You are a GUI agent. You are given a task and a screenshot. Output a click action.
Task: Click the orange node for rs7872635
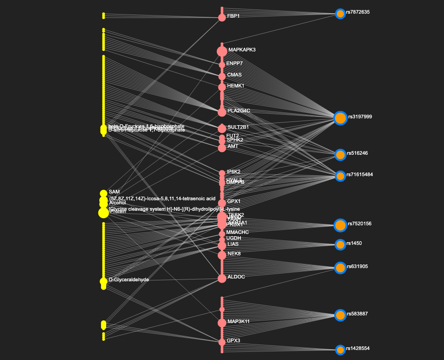[340, 14]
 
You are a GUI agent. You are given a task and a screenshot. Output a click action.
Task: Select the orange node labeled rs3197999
[341, 118]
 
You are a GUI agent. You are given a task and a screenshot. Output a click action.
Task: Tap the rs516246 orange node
[340, 155]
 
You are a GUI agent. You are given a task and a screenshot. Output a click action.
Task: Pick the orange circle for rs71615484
[340, 176]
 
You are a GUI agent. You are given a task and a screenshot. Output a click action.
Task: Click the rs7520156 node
[340, 225]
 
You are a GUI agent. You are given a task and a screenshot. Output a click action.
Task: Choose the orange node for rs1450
[340, 245]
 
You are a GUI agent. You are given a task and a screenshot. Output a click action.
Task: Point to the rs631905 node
[340, 268]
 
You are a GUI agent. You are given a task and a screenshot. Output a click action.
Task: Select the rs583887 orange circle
[340, 315]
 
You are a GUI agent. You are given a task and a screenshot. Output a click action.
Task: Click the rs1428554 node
[340, 350]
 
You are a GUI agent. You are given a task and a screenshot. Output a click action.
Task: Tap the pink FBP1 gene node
[222, 17]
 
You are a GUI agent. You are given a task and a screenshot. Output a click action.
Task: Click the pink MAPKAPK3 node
[222, 51]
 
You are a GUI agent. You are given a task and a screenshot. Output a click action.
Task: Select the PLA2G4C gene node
[222, 112]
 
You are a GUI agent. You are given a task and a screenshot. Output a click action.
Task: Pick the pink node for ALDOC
[222, 278]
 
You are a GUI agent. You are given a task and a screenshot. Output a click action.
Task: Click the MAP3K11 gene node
[222, 323]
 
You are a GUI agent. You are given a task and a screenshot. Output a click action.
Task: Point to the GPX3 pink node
[222, 341]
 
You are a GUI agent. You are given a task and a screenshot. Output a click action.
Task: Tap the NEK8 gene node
[222, 255]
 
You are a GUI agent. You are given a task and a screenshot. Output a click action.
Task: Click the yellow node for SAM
[103, 193]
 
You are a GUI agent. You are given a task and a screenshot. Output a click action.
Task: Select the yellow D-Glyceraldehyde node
[103, 281]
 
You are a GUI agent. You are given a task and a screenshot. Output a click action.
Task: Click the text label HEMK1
[235, 86]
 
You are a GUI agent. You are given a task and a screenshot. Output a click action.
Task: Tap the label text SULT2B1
[239, 127]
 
